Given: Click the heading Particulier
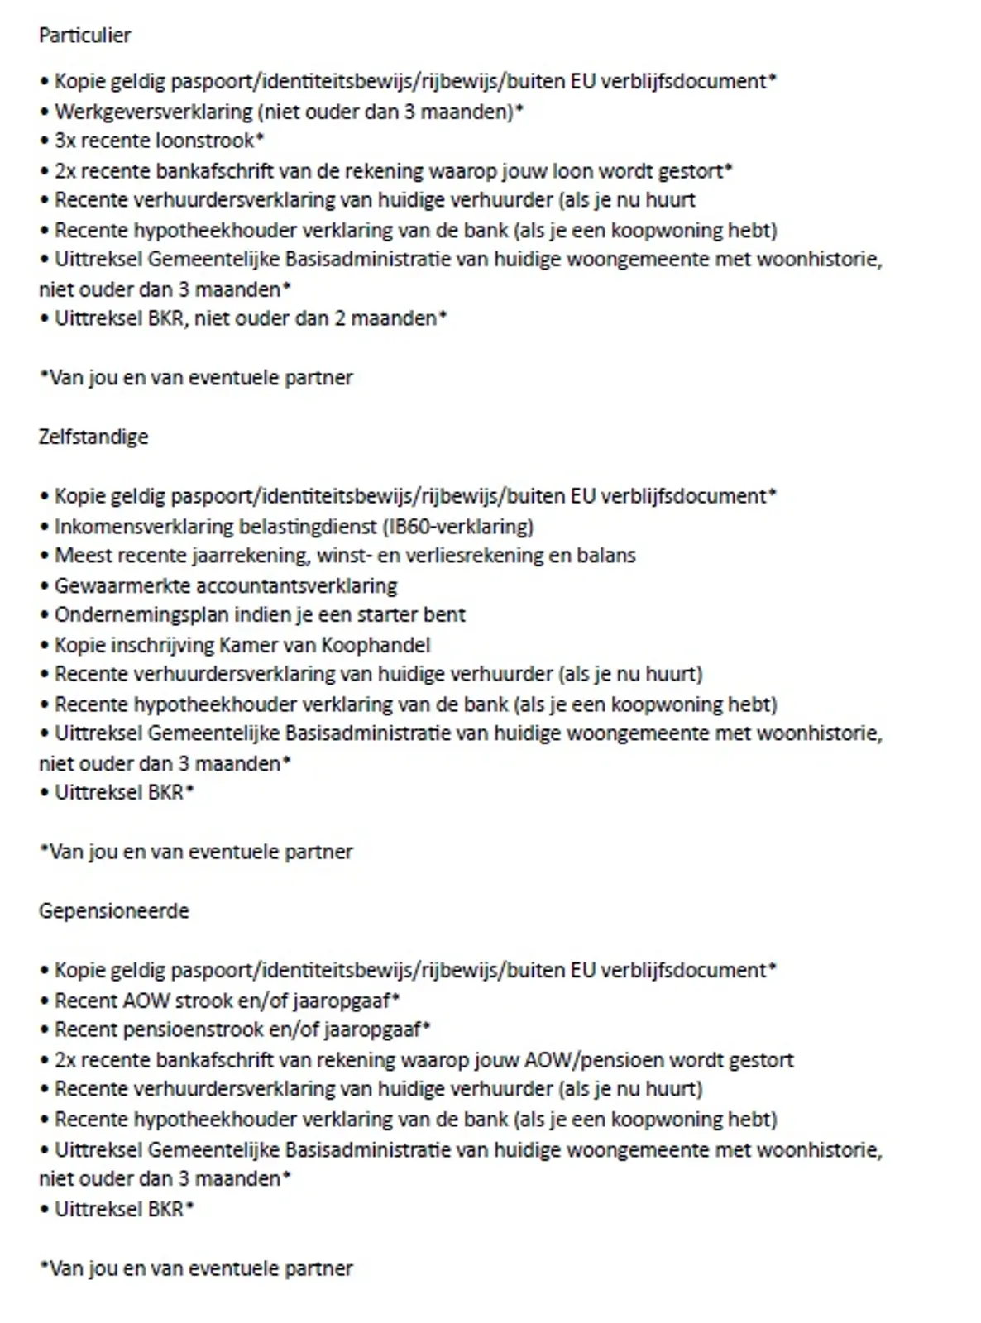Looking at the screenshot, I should pos(84,36).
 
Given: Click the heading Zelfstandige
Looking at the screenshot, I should pos(93,437).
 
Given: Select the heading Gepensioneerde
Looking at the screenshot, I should pos(113,911).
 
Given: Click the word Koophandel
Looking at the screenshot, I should pos(380,645).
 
